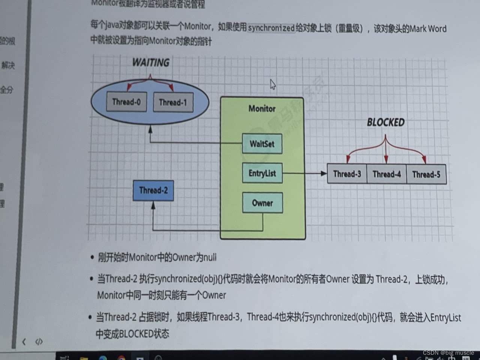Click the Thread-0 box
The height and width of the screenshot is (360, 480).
(126, 102)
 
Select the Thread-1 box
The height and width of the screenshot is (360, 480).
(173, 102)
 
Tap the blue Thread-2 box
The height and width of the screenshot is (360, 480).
(153, 190)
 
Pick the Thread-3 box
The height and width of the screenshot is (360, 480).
(347, 174)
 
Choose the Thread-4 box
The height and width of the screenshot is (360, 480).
(387, 174)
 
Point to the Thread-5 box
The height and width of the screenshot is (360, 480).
(426, 174)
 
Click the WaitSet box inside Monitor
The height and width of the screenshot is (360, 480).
(262, 144)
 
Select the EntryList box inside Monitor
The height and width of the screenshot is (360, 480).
(262, 173)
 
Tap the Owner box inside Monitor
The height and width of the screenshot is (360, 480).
(262, 203)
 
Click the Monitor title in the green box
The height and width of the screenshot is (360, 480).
(262, 109)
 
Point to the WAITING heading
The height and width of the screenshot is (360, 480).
(151, 62)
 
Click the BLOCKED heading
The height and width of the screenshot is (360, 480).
(385, 122)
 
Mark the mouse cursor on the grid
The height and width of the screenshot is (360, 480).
(273, 84)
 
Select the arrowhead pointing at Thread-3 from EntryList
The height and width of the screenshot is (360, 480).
(324, 173)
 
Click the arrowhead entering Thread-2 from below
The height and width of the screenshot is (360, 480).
(153, 205)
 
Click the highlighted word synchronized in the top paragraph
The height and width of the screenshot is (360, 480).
(271, 28)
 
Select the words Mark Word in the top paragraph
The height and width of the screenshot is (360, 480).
(428, 29)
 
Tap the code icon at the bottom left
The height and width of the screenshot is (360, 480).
(39, 342)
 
